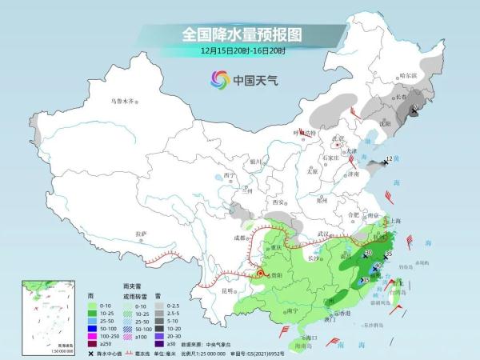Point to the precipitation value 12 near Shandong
(x=389, y=159)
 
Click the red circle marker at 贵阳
(x=259, y=274)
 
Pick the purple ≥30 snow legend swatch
(x=158, y=343)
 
